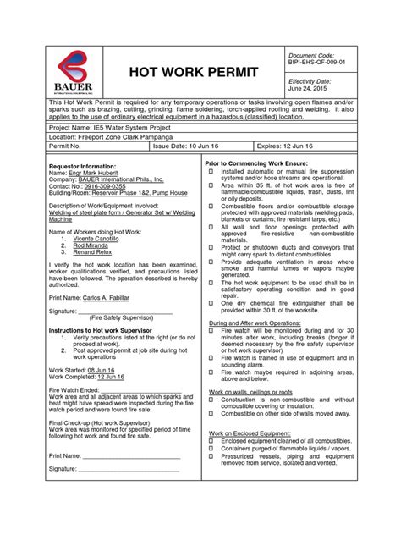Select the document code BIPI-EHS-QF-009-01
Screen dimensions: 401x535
coord(317,62)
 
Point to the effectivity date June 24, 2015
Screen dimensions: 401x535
coord(309,88)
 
